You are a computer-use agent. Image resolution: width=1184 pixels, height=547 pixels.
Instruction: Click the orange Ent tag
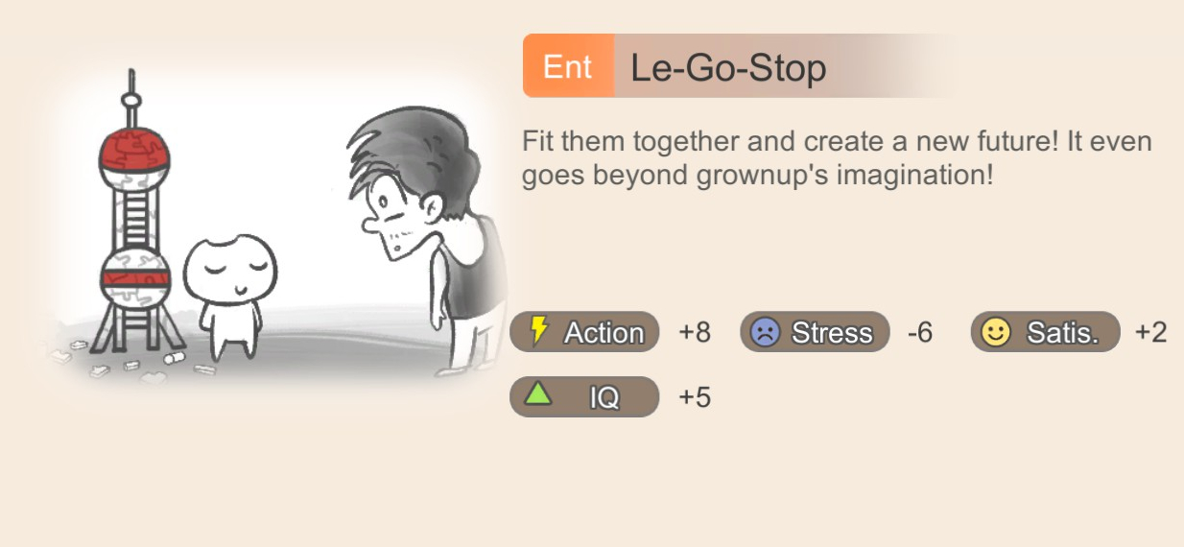tap(569, 65)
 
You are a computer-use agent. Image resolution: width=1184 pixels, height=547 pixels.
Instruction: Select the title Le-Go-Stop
tap(728, 67)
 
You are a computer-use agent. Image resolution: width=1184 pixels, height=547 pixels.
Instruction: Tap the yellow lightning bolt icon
tap(538, 331)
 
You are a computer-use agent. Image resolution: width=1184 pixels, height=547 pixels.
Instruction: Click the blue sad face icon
tap(766, 332)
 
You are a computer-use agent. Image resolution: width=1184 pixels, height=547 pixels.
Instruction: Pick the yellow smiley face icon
tap(996, 332)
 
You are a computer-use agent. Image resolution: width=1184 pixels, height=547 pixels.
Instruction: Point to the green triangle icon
tap(538, 393)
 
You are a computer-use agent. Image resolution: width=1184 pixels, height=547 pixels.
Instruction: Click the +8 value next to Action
tap(695, 332)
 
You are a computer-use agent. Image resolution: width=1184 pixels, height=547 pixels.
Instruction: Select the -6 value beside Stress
tap(920, 332)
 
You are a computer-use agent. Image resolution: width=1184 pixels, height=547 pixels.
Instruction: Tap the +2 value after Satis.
tap(1150, 332)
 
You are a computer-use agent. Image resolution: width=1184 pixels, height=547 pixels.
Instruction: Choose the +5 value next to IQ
tap(695, 397)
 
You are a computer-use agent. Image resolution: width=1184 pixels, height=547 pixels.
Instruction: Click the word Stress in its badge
tap(832, 332)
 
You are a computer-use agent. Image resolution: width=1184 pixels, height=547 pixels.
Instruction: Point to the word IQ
tap(604, 397)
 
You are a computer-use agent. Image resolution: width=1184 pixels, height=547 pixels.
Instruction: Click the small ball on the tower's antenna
tap(131, 100)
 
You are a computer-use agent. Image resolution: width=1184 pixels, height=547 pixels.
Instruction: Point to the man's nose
tap(370, 225)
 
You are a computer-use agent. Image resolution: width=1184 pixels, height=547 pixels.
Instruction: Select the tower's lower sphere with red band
tap(135, 278)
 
